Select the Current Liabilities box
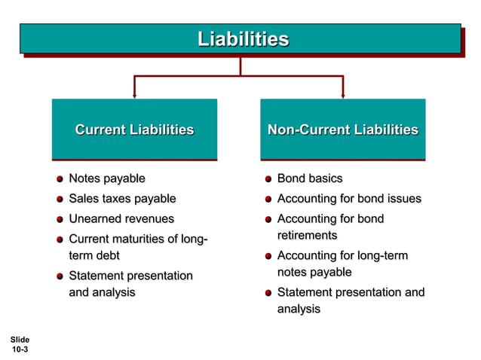tap(134, 130)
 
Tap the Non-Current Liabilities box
tap(343, 130)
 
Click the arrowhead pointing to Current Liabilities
tap(134, 95)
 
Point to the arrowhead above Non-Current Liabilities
tap(343, 95)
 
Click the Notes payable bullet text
tap(106, 178)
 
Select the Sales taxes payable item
tap(122, 199)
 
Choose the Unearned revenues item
tap(121, 219)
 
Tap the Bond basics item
tap(309, 178)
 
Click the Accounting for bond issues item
tap(349, 199)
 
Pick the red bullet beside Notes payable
tap(60, 179)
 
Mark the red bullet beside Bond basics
tap(268, 179)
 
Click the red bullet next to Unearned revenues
tap(60, 220)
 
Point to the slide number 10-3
tap(20, 349)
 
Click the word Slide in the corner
tap(20, 340)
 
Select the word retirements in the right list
tap(307, 236)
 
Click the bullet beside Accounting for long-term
tap(268, 257)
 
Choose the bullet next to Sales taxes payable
tap(60, 200)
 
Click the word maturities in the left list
tap(141, 239)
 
